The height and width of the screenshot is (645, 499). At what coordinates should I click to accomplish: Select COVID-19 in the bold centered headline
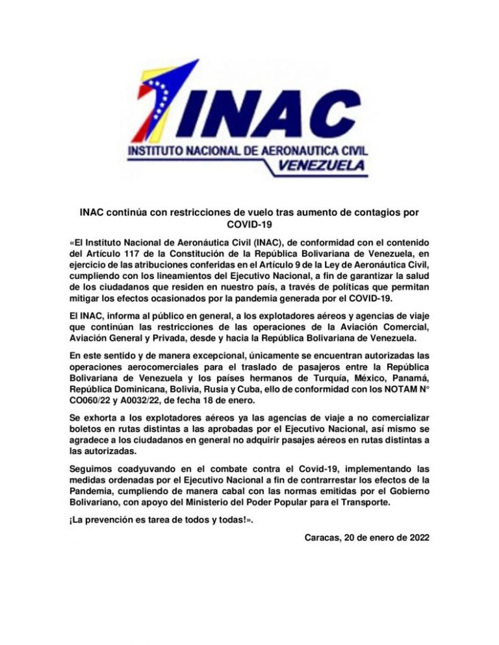click(x=249, y=224)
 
